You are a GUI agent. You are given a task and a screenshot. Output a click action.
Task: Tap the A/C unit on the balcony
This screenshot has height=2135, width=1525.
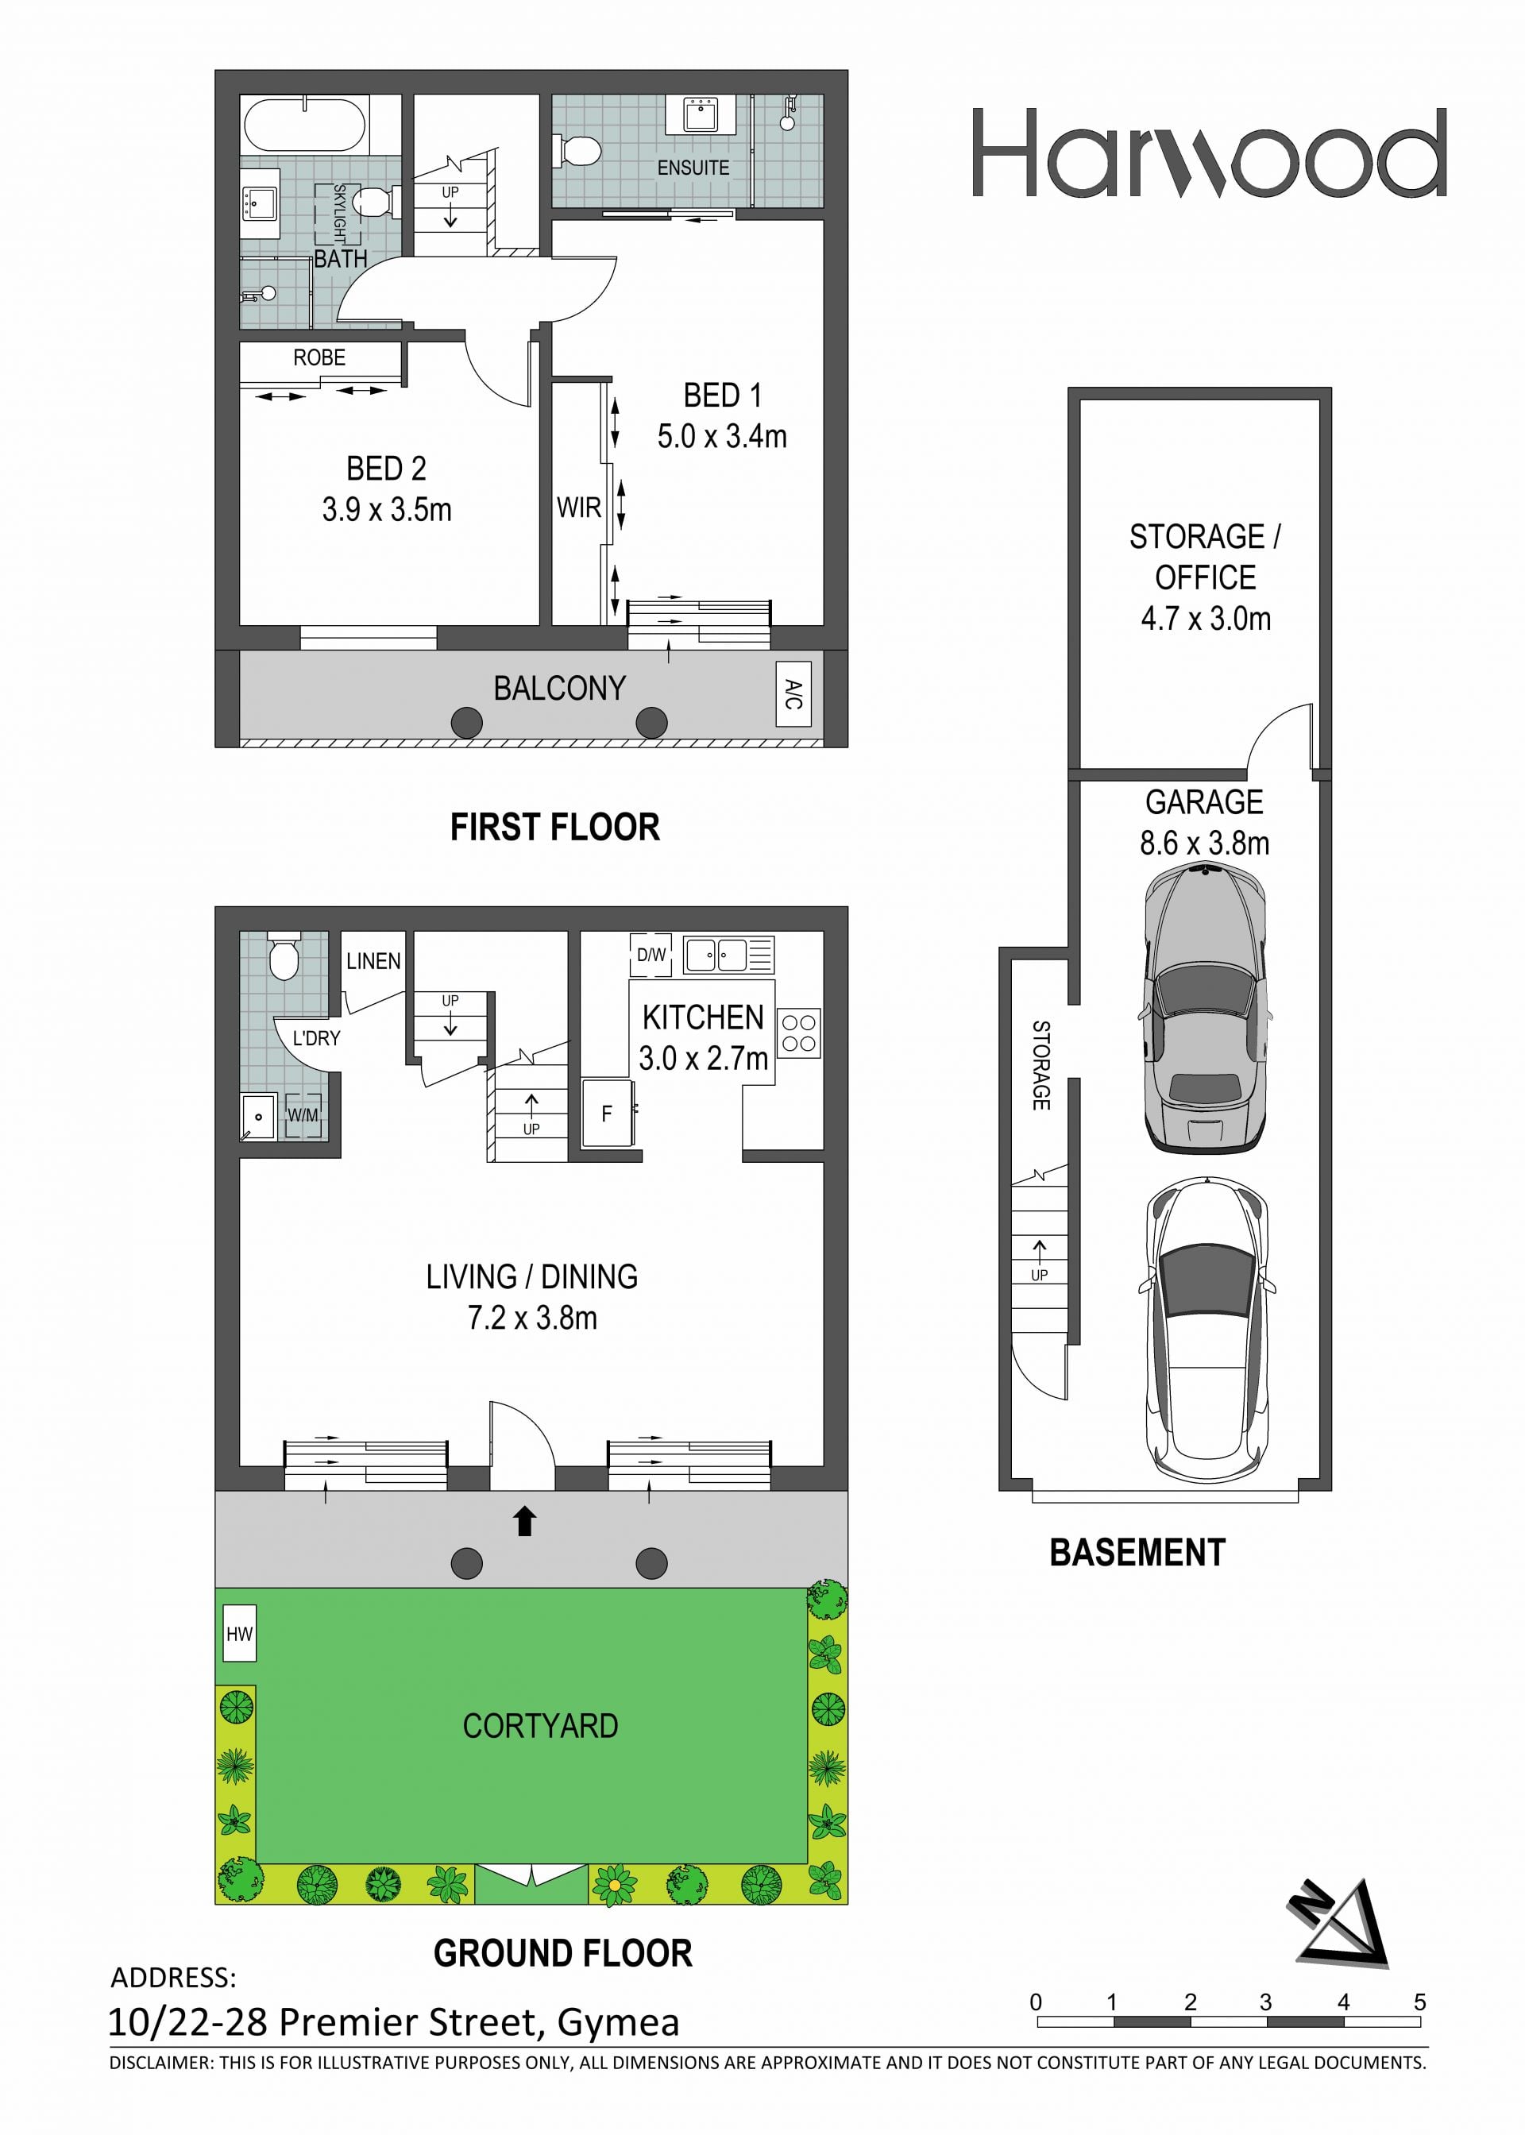[x=793, y=695]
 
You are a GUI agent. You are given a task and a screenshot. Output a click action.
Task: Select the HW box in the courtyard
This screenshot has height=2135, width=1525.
[x=239, y=1634]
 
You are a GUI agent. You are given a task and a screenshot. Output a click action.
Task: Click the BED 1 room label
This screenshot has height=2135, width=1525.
[x=722, y=396]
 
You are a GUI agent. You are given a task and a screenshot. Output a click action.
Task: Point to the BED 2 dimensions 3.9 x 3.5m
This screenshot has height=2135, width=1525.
[x=387, y=510]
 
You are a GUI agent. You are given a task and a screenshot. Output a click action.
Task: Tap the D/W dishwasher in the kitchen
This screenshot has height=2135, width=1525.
[x=651, y=956]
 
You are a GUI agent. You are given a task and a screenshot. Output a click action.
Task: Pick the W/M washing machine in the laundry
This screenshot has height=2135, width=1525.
[x=303, y=1115]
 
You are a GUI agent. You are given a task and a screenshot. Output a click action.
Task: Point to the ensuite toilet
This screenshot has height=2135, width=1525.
[x=577, y=150]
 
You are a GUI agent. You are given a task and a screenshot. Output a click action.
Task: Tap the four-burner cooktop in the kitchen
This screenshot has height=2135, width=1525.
[x=799, y=1033]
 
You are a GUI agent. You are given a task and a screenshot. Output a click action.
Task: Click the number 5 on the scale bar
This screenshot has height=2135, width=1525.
[x=1420, y=2002]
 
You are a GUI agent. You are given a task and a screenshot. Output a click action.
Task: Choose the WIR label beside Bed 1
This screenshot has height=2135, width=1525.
[x=578, y=508]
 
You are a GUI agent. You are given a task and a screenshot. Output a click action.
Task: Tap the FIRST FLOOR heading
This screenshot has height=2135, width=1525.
[x=555, y=827]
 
